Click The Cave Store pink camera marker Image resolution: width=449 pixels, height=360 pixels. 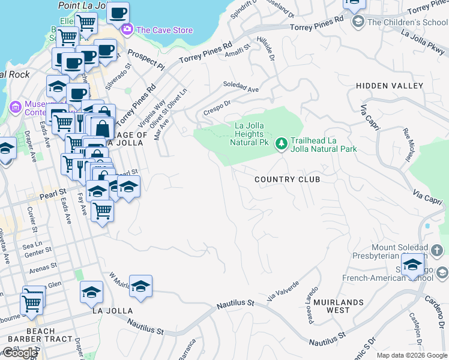[127, 30]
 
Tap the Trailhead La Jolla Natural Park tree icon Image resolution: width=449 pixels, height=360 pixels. [281, 144]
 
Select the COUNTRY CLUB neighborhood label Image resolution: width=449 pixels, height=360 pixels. [287, 179]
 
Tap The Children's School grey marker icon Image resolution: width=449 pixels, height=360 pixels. [358, 22]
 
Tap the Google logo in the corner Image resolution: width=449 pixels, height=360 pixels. [20, 353]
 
